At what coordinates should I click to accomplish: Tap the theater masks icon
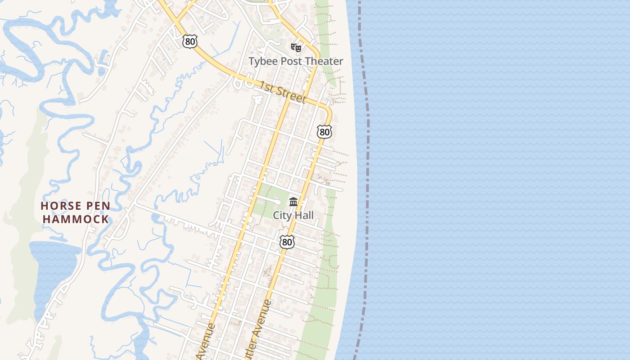coord(296,47)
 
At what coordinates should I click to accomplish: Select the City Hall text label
coord(293,216)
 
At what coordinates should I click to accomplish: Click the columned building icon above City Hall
coord(293,202)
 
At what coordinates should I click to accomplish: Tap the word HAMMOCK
coord(75,220)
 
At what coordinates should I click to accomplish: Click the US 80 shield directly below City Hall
coord(287,242)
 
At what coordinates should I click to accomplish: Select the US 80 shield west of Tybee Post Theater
coord(189,41)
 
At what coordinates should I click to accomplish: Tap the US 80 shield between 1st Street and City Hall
coord(324,132)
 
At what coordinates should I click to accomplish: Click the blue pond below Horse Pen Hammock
coord(54,265)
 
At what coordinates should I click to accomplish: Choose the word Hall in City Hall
coord(304,216)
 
